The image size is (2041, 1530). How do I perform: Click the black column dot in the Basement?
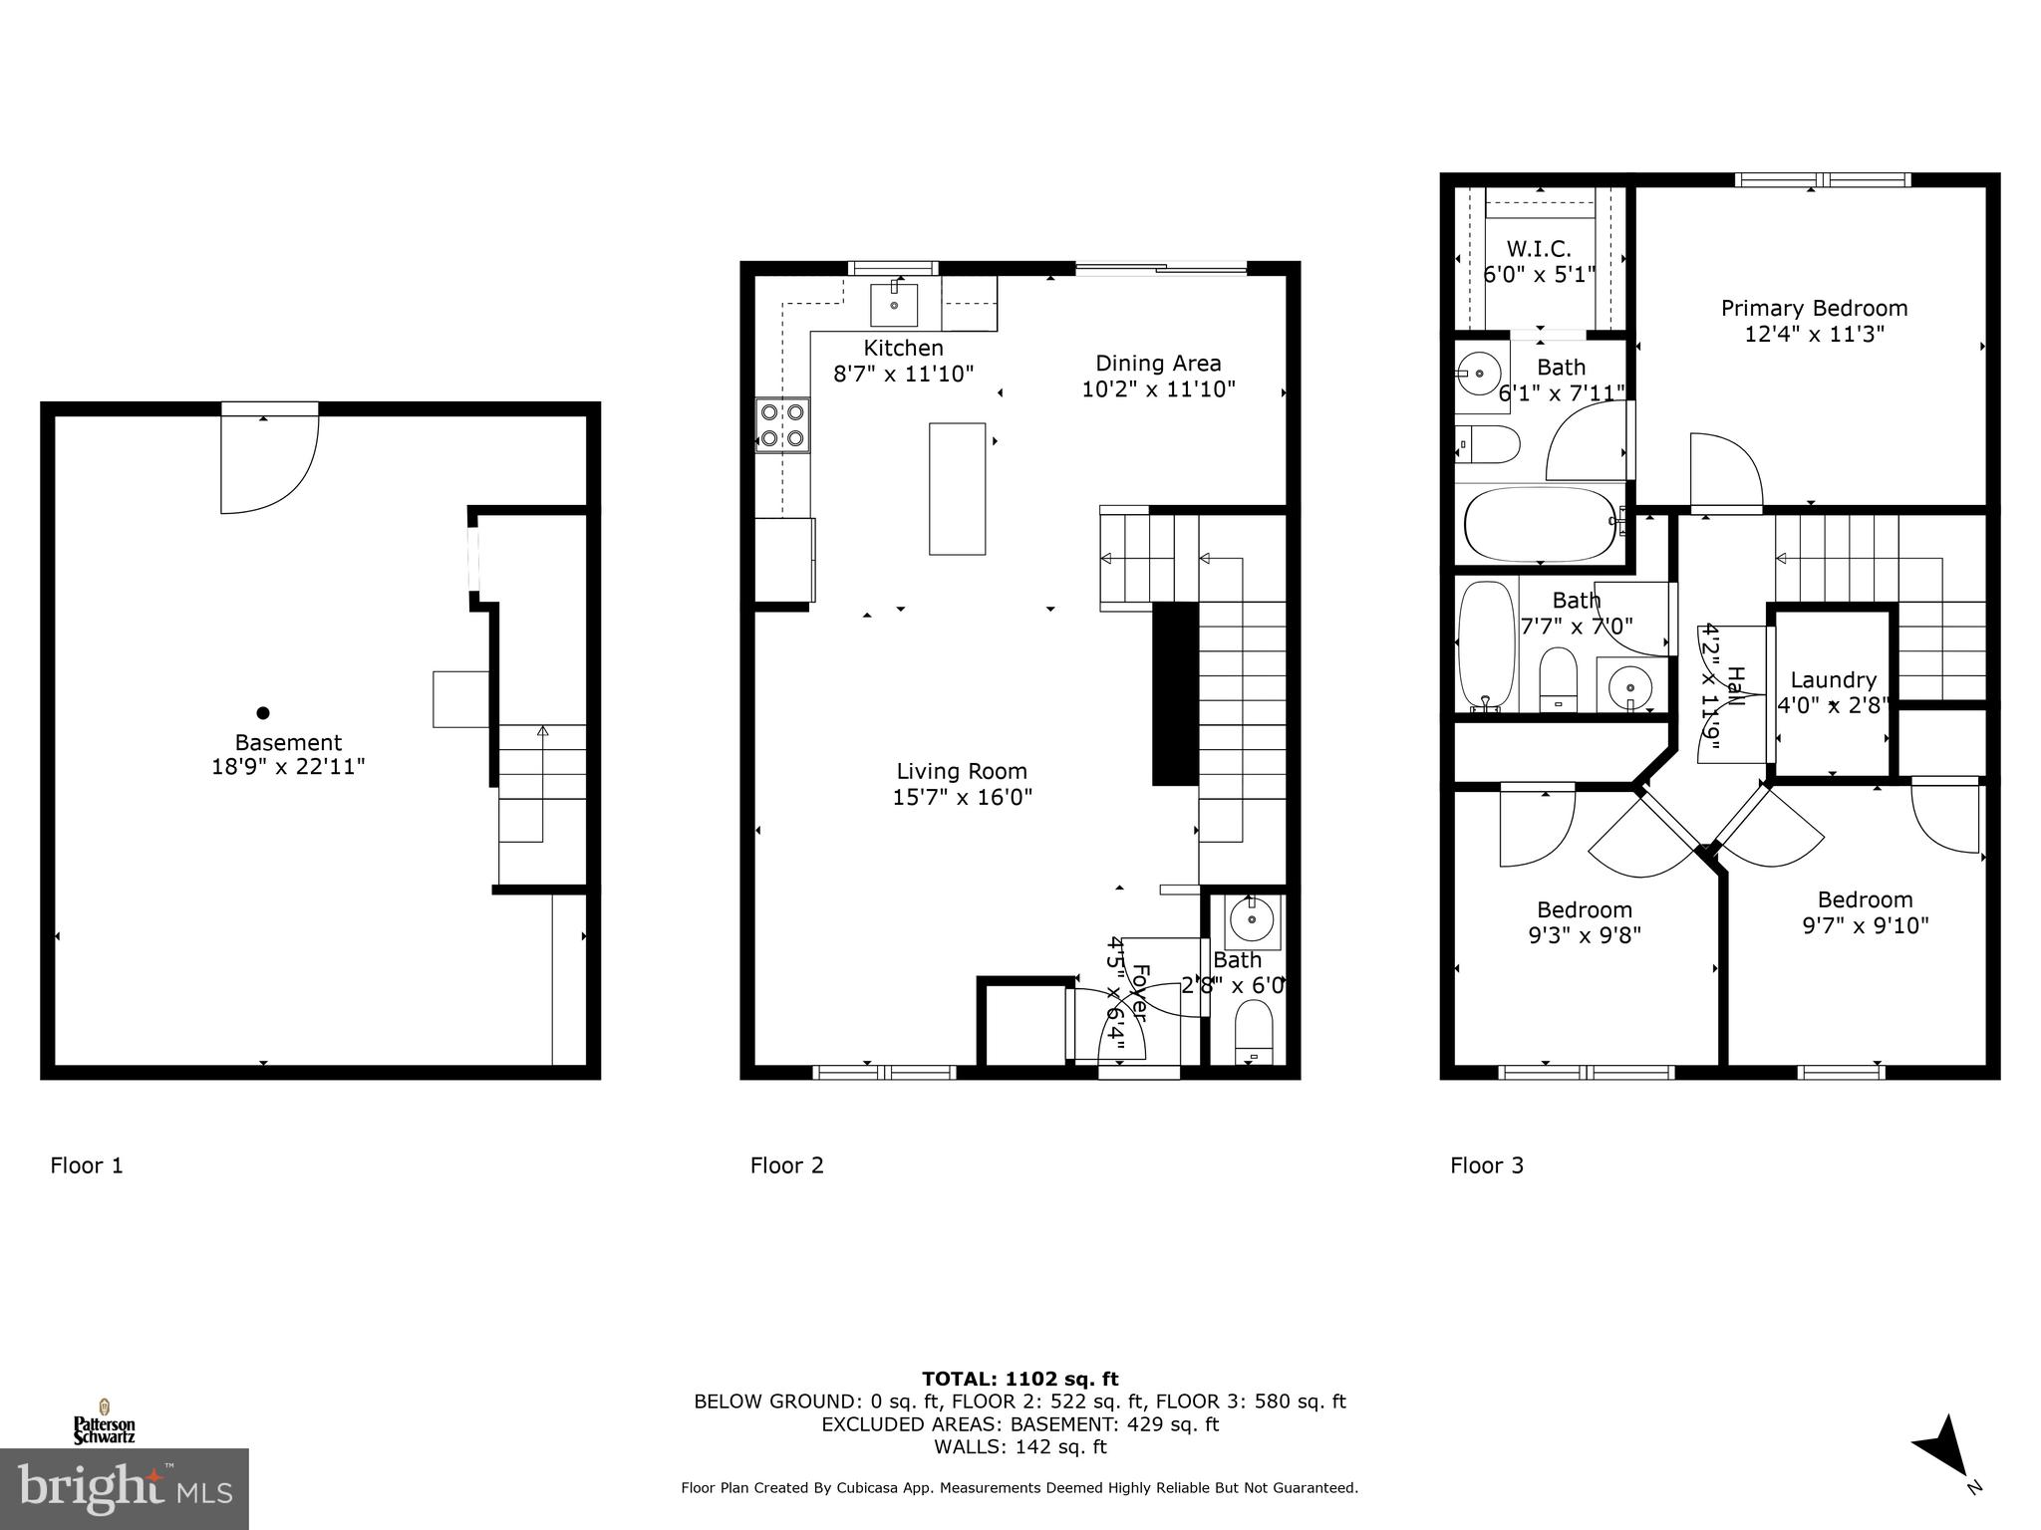263,712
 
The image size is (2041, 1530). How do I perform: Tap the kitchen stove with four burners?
782,424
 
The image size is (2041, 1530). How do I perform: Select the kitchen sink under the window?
894,304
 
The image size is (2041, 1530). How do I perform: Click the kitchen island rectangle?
957,488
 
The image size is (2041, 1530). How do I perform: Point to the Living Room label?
961,771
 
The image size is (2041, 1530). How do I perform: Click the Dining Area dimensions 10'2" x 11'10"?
1158,389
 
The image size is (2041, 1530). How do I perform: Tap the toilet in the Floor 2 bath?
1254,1033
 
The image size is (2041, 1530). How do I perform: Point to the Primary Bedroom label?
1814,309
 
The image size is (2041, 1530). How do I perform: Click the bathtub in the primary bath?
1540,524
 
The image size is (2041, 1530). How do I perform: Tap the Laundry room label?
1833,680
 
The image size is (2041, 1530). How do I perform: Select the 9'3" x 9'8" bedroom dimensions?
1584,935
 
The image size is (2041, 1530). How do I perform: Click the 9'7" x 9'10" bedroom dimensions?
1865,925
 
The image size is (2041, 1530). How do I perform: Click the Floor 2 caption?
786,1165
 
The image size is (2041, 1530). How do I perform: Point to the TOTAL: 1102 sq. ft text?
1020,1380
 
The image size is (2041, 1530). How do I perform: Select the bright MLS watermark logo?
125,1489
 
